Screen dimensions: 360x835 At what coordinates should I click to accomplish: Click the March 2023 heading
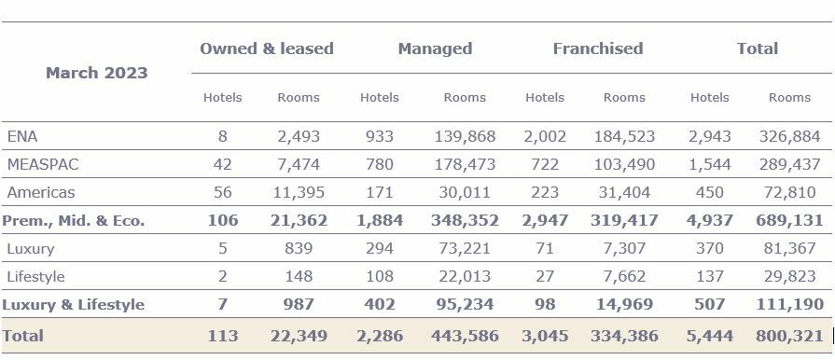[x=97, y=73]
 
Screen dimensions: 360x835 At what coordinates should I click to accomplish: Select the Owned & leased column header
[x=266, y=48]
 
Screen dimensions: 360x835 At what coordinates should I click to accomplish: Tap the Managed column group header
[x=435, y=48]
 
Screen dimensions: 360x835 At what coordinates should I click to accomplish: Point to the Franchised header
[x=597, y=48]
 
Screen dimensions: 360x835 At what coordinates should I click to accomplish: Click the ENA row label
[x=21, y=136]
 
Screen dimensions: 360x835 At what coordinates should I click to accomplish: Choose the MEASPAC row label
[x=43, y=164]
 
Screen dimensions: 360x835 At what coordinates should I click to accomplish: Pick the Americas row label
[x=40, y=192]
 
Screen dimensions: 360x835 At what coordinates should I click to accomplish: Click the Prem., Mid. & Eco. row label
[x=74, y=221]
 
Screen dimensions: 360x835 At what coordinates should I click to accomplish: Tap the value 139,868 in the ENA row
[x=465, y=136]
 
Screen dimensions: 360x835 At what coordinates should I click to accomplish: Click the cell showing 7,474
[x=299, y=164]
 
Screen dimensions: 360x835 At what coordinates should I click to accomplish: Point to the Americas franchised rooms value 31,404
[x=624, y=192]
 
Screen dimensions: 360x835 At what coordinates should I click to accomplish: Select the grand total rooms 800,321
[x=789, y=336]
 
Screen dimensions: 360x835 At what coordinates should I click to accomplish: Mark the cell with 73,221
[x=465, y=249]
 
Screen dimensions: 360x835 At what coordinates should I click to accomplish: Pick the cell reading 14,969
[x=624, y=305]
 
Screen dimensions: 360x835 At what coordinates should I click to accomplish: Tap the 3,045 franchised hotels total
[x=545, y=336]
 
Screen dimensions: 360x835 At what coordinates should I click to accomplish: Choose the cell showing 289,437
[x=789, y=164]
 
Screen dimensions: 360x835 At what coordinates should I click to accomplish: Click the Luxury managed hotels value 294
[x=379, y=249]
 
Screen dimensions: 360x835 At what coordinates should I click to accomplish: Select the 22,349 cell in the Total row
[x=299, y=336]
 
